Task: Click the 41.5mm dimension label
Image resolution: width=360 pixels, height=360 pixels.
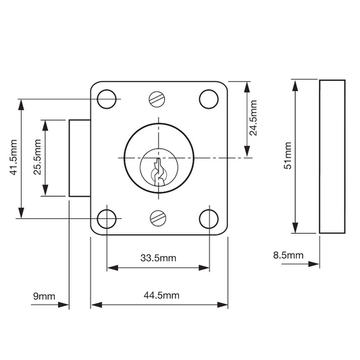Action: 14,157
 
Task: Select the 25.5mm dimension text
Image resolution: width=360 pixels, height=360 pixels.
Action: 37,157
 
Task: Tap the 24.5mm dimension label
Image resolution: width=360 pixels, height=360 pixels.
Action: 253,118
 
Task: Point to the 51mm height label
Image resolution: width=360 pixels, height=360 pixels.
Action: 288,155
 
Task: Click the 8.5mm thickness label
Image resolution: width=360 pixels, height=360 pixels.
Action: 288,255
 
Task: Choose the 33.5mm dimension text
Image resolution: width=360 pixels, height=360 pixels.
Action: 159,258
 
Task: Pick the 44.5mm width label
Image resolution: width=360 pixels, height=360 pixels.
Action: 161,295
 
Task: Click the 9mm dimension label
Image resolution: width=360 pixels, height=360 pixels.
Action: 44,297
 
